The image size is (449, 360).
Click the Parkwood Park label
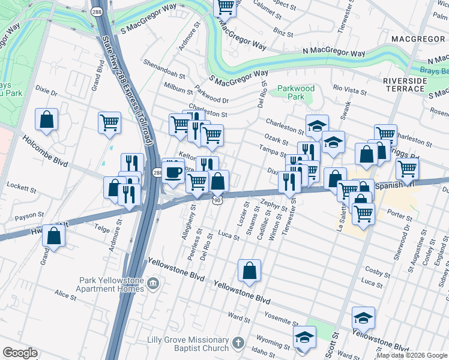[x=296, y=92]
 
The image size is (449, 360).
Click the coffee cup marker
[x=173, y=173]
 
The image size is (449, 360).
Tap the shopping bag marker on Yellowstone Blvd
[x=249, y=271]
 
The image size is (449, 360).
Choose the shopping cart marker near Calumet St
[x=225, y=7]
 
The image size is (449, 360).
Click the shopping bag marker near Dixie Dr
[x=46, y=119]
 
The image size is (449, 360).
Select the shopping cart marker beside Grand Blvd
[x=109, y=122]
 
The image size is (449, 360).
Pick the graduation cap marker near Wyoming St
[x=304, y=337]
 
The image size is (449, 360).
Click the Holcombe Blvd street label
[x=46, y=149]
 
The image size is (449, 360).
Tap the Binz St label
[x=283, y=31]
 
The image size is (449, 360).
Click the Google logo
[x=20, y=353]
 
